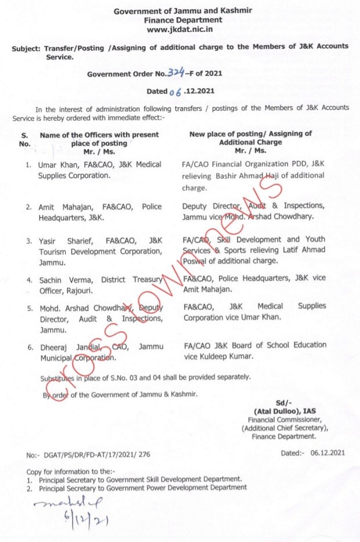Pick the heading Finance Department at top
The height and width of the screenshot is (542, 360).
tap(179, 20)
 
